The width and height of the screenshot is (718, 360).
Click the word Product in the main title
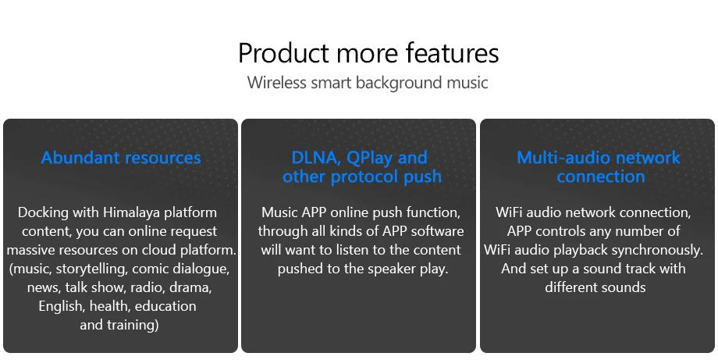point(284,52)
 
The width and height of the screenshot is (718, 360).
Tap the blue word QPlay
point(370,159)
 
